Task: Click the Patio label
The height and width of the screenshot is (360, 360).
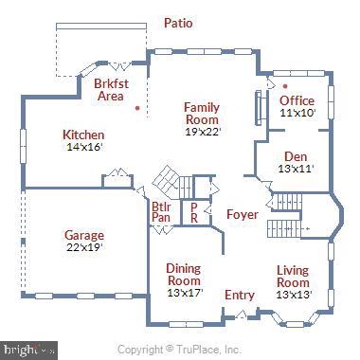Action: tap(178, 23)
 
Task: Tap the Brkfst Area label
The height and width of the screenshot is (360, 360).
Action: tap(110, 89)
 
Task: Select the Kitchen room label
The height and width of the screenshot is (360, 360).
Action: tap(83, 135)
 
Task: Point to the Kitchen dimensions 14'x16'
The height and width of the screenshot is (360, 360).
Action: tap(84, 147)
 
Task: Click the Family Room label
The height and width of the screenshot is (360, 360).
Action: tap(202, 114)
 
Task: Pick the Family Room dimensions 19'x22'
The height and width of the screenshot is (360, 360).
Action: tap(202, 132)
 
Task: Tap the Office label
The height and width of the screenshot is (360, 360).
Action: tap(297, 101)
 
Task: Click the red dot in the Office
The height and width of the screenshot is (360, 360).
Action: tap(285, 87)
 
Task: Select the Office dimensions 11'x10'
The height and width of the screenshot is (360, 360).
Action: tap(297, 113)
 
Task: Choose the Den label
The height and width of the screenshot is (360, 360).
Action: tap(296, 157)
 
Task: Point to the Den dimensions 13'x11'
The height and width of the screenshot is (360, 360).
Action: tap(296, 170)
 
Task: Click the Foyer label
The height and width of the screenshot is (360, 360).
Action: tap(242, 215)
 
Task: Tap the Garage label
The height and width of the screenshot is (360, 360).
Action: tap(84, 235)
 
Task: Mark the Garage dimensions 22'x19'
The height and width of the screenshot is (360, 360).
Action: tap(84, 247)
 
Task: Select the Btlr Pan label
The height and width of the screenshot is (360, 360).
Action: tap(161, 213)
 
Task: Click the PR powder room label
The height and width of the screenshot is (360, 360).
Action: tap(194, 212)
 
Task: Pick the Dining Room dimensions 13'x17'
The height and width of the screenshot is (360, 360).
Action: tap(184, 293)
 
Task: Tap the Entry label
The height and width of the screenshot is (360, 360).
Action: tap(239, 295)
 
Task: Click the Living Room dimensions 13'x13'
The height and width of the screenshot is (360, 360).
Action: tap(293, 295)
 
